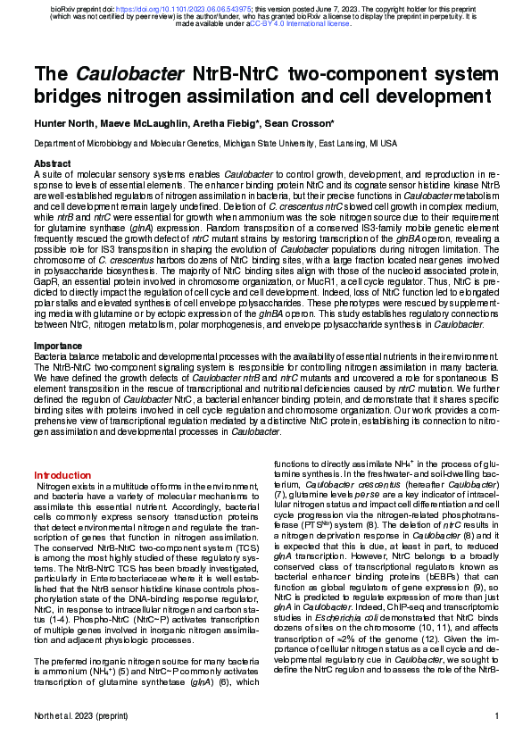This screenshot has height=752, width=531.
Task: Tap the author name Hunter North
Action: pyautogui.click(x=65, y=123)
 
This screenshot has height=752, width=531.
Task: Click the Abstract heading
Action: pyautogui.click(x=53, y=164)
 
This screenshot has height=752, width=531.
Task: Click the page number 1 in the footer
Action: pyautogui.click(x=496, y=740)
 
